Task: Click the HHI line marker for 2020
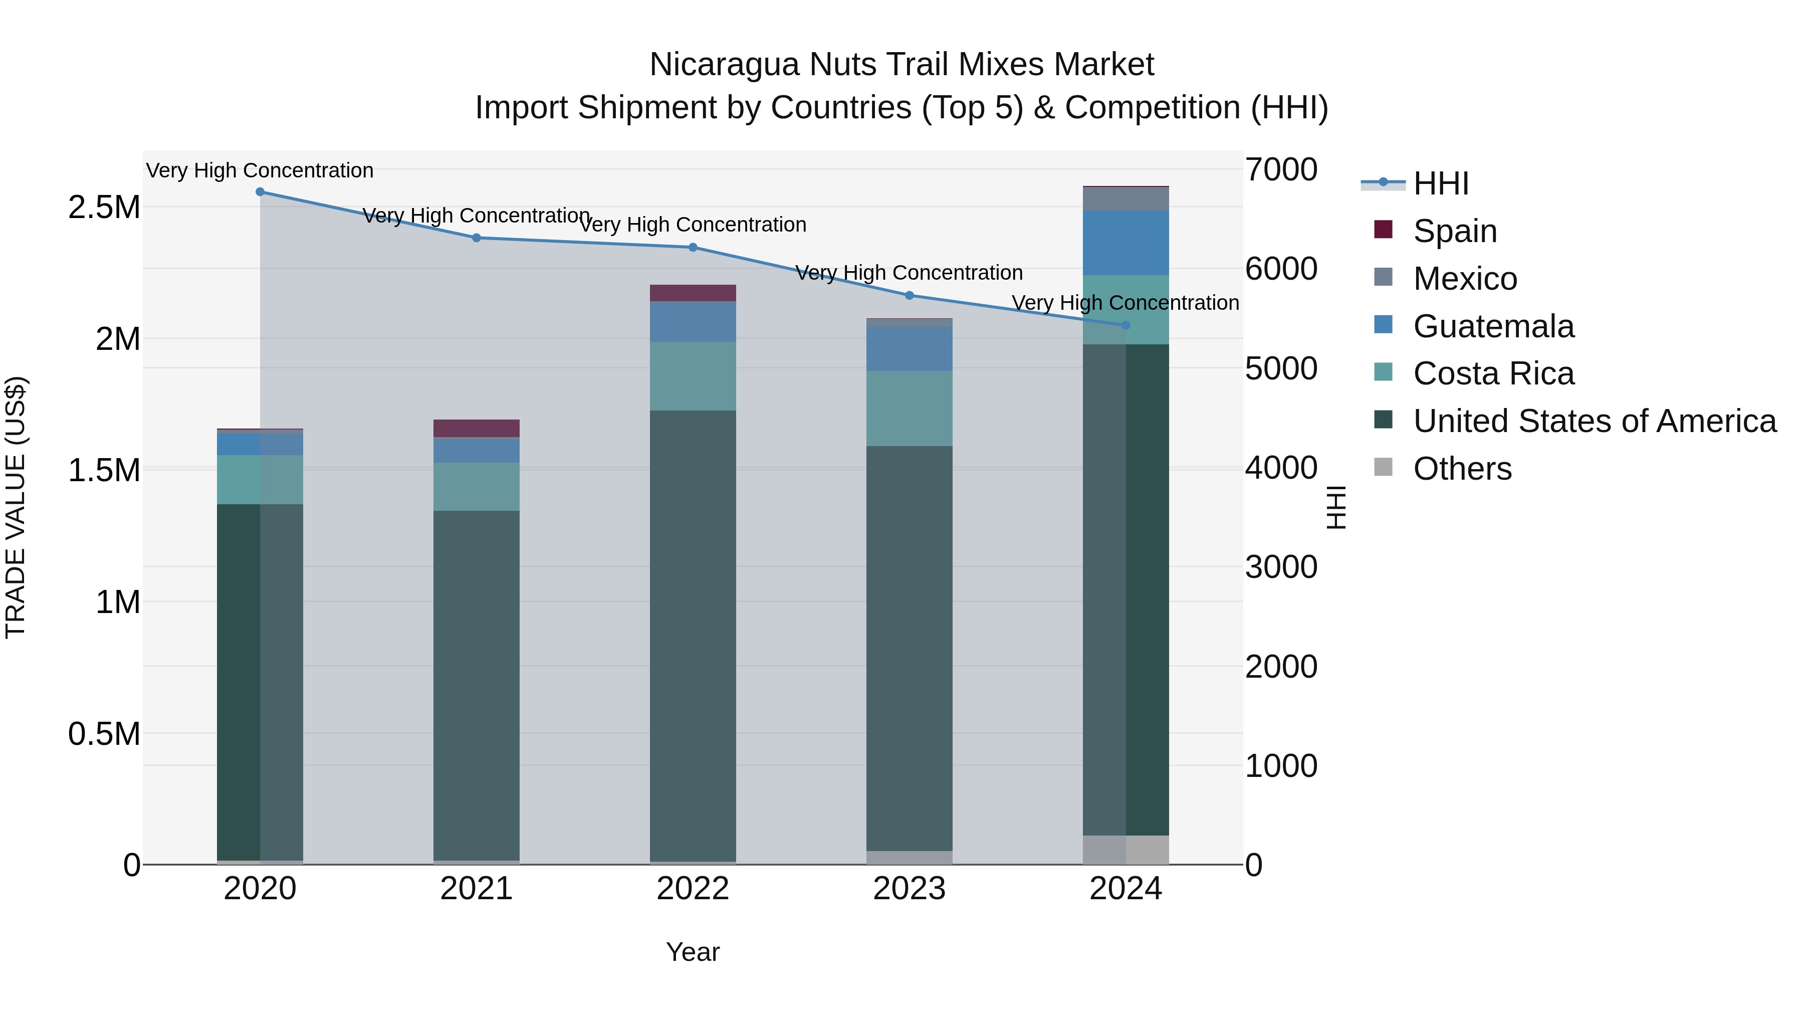click(x=260, y=192)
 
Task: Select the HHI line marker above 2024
click(x=1126, y=325)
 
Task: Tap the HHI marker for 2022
click(x=693, y=247)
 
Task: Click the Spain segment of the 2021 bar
click(x=476, y=428)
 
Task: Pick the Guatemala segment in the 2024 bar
click(x=1126, y=243)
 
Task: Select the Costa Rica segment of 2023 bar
click(x=909, y=409)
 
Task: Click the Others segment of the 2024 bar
click(x=1126, y=850)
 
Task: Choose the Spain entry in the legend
click(x=1455, y=231)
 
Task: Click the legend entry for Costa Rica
click(x=1493, y=373)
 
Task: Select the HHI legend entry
click(x=1440, y=183)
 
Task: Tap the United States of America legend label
click(x=1595, y=421)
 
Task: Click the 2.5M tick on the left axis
click(x=104, y=208)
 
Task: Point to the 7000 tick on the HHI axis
click(x=1281, y=169)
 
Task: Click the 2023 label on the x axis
click(x=909, y=889)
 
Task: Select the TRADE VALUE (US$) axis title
click(x=16, y=507)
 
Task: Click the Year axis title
click(x=693, y=952)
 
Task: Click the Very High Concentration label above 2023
click(x=909, y=273)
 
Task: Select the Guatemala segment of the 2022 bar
click(x=693, y=321)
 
